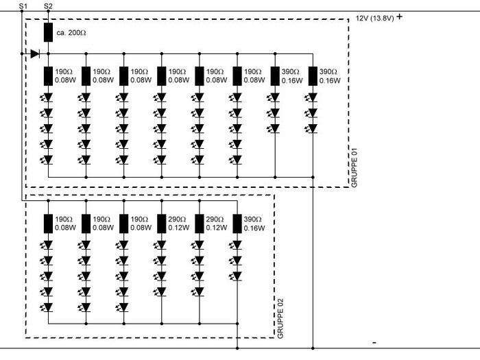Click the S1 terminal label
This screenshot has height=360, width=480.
tap(23, 5)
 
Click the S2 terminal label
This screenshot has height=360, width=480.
tap(47, 5)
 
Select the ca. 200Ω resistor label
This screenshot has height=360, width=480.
tap(71, 32)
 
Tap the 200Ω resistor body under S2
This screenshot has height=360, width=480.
tap(48, 32)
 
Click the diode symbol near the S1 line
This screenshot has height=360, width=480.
tap(35, 53)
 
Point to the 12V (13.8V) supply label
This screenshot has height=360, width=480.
tap(374, 19)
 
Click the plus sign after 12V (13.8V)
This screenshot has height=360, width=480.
tap(399, 16)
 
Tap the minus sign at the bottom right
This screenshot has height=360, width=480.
tap(374, 341)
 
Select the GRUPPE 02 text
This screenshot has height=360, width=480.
tap(280, 320)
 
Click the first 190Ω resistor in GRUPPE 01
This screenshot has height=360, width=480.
tap(48, 75)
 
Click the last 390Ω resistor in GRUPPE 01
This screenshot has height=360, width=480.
tap(313, 75)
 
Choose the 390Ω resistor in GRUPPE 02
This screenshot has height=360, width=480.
tap(237, 223)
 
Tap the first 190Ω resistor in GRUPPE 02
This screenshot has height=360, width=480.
tap(48, 223)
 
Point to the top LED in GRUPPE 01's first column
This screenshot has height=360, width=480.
tap(48, 97)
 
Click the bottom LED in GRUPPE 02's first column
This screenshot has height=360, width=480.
tap(48, 308)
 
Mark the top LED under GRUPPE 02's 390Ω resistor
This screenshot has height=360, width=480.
tap(237, 245)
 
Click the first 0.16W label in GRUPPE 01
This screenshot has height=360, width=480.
tap(292, 80)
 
